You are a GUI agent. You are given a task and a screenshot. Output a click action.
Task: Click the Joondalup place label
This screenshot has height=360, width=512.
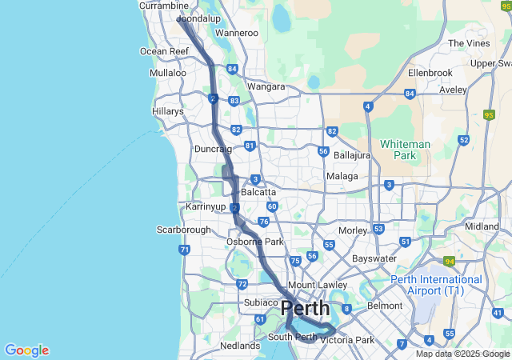point(198,18)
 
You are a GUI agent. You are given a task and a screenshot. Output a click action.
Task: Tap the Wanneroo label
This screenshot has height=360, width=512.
point(236,33)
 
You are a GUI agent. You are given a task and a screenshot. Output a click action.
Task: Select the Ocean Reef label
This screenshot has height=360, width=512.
point(164,51)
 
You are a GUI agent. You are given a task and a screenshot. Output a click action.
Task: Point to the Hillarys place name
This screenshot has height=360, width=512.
point(167,112)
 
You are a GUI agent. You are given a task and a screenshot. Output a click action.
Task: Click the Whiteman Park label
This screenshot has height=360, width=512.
point(405,149)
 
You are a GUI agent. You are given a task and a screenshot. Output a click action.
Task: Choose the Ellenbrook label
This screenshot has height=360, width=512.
point(430,72)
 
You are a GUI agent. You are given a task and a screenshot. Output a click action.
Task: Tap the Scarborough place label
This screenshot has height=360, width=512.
point(183,230)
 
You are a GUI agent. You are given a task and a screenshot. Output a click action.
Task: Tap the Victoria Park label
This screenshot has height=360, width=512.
point(347,340)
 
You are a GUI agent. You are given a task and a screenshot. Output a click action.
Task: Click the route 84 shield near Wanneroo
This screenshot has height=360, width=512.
point(231,70)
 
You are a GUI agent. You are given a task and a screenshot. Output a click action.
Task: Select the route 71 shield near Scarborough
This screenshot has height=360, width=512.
point(185,250)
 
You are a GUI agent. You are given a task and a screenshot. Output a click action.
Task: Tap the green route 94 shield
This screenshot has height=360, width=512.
point(450,261)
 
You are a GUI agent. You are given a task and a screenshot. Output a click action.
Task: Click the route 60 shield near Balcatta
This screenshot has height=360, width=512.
point(272,206)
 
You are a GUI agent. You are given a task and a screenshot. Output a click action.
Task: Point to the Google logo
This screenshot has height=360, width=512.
point(26,350)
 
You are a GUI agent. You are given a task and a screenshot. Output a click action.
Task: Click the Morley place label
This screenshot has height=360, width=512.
point(352,230)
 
